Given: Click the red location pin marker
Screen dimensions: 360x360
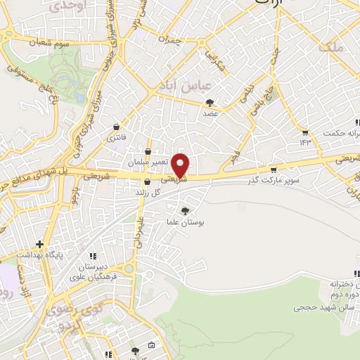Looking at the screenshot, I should (181, 165).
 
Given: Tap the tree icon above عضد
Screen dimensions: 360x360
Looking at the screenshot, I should (210, 103).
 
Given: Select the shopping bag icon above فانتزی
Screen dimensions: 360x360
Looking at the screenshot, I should (115, 127).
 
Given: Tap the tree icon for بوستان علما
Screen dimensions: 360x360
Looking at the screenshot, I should (185, 211).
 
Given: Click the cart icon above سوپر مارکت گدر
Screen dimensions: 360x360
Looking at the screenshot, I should (274, 170).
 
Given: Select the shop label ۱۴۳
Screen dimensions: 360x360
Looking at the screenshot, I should (305, 142).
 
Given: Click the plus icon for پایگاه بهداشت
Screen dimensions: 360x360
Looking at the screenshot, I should (40, 244).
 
